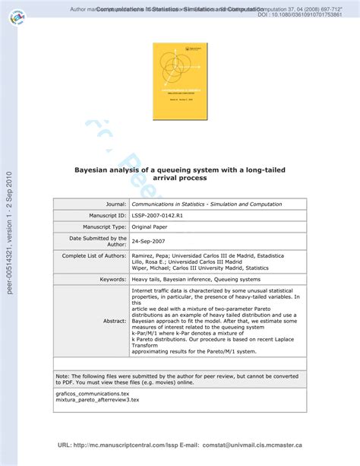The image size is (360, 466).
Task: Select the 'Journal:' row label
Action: (x=109, y=204)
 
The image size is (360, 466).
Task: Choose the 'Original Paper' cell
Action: (x=152, y=227)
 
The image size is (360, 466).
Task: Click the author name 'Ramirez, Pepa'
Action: (x=153, y=256)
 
